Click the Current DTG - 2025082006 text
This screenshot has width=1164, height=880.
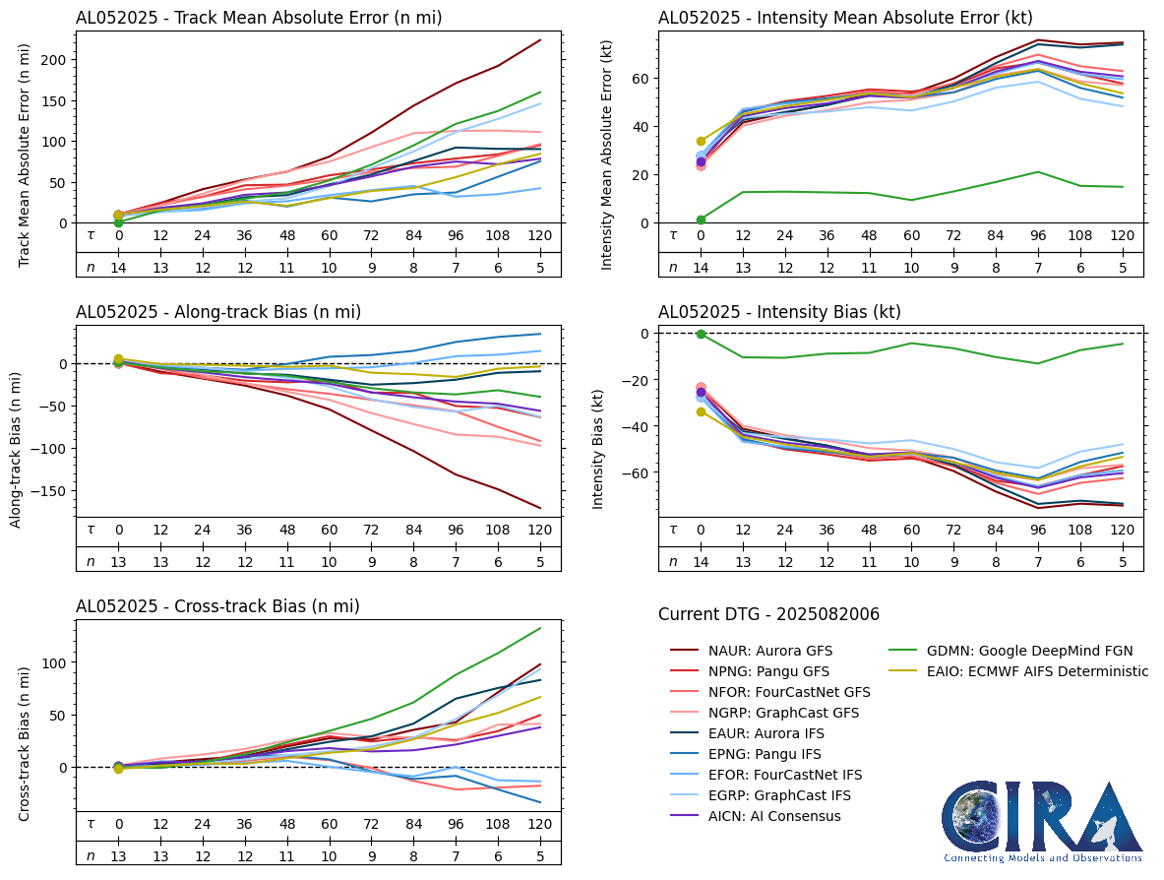pos(768,614)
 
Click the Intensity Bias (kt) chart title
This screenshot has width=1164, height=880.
pos(779,312)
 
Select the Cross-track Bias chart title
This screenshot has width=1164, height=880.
pos(217,606)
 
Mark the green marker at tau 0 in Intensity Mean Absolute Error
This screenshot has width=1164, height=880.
pos(702,220)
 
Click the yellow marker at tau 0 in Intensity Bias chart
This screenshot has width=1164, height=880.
pos(702,411)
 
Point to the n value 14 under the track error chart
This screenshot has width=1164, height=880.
pos(119,267)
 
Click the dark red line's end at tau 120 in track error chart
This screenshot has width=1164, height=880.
pos(540,40)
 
